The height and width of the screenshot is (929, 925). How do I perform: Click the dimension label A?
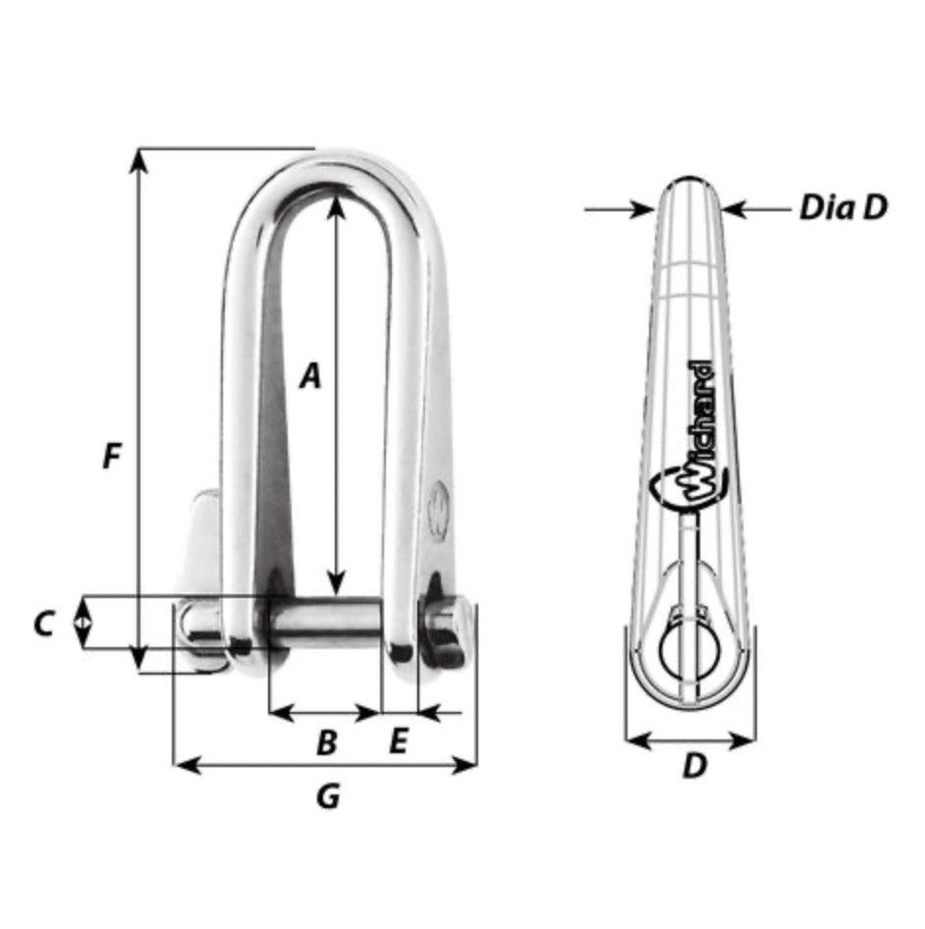pos(310,375)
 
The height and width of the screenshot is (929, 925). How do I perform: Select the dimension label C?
pos(43,624)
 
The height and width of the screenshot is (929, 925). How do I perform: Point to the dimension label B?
pos(326,742)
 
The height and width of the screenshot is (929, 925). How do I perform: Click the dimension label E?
pos(398,742)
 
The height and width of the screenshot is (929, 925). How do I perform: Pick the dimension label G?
pos(328,796)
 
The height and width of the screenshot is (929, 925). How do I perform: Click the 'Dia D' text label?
pos(843,207)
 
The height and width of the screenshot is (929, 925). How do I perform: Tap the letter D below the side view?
pos(693,767)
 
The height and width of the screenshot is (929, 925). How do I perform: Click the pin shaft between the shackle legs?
pos(324,622)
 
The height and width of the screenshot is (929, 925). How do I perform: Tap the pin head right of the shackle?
pos(447,629)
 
